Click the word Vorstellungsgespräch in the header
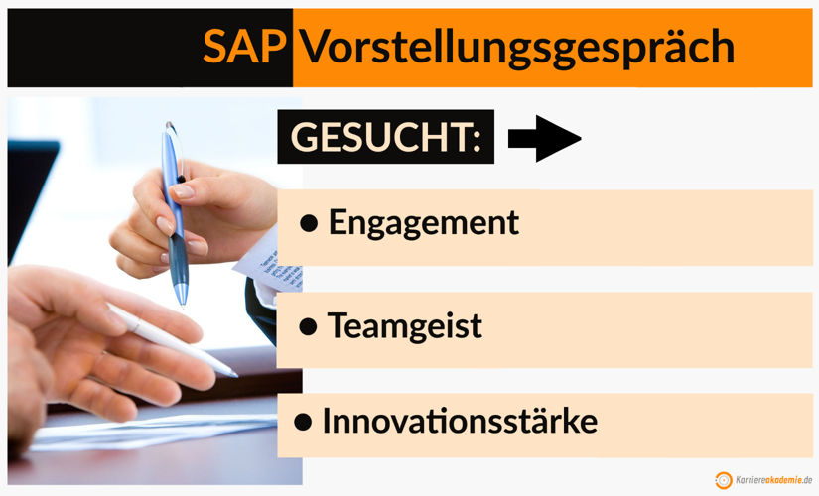click(516, 47)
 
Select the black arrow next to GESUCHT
click(543, 140)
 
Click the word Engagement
click(423, 222)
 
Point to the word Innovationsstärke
click(460, 421)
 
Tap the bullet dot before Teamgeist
click(309, 325)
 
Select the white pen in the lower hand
click(169, 337)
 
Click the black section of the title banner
click(99, 47)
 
